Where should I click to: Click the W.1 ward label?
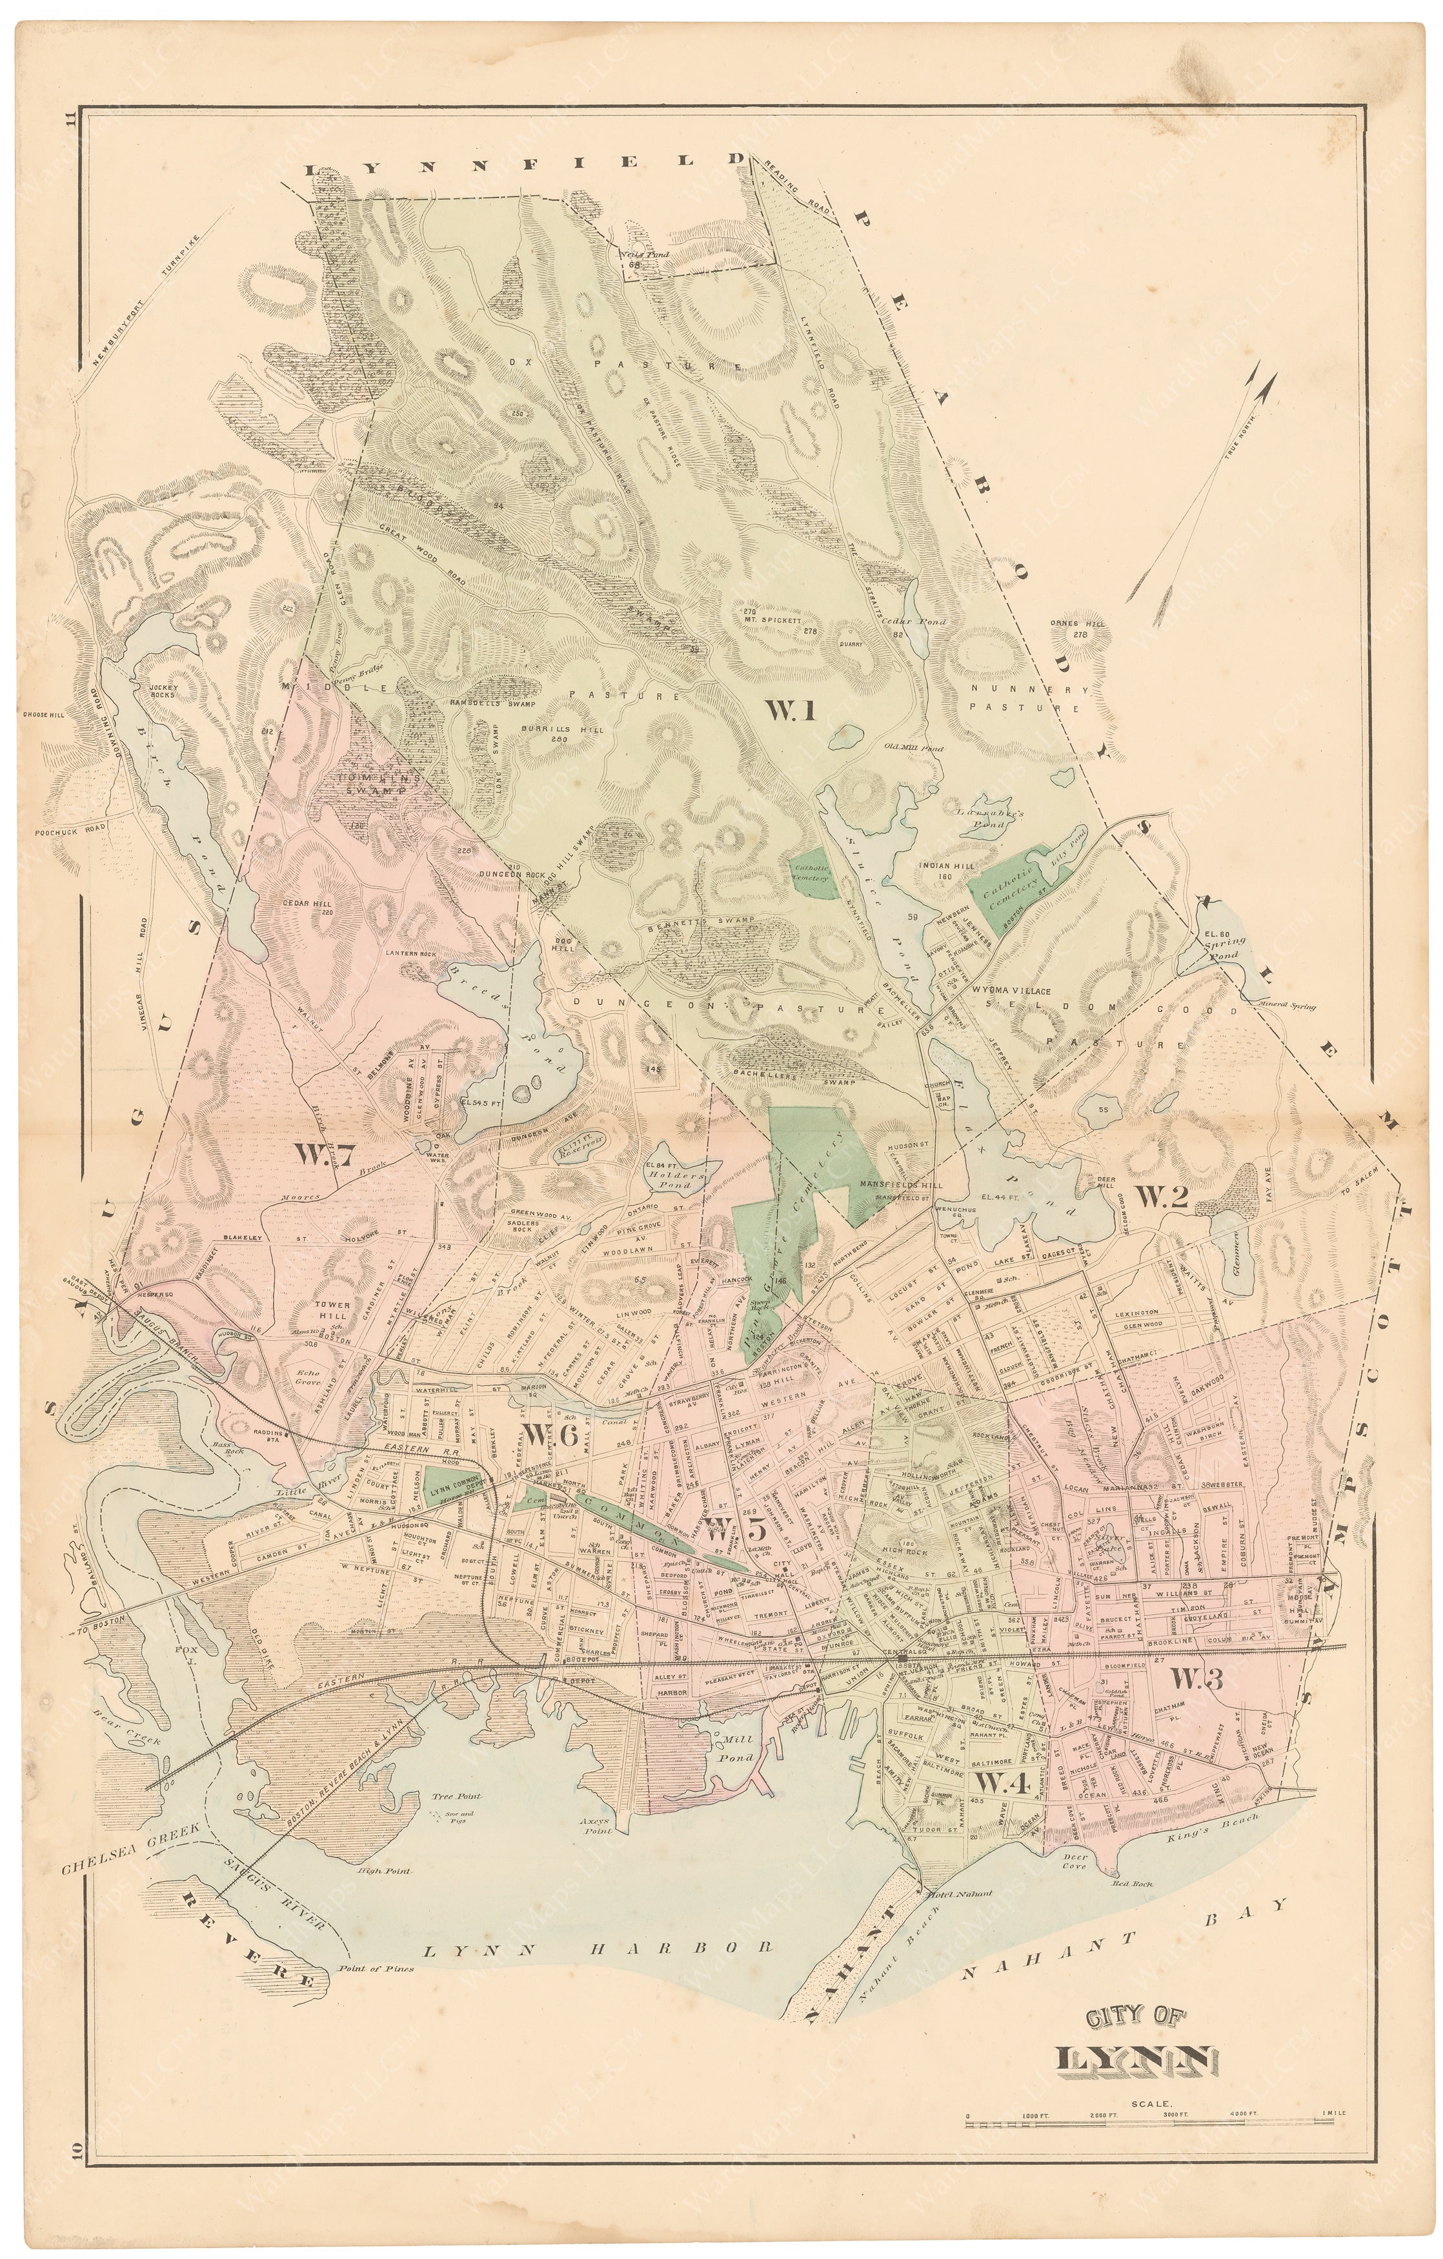pyautogui.click(x=789, y=712)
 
